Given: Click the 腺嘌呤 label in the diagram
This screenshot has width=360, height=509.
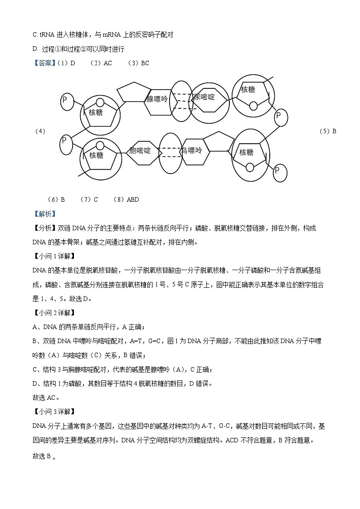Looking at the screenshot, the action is pos(157,99).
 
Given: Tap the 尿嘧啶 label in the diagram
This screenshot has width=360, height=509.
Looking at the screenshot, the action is pos(204,97).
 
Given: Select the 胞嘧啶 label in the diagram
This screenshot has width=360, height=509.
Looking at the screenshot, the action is pos(140,150).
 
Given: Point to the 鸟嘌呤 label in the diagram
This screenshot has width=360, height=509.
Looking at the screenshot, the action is pos(191,150).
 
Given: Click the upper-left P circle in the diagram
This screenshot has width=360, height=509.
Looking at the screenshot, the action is pos(68,101).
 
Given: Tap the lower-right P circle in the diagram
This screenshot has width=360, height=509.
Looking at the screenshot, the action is pos(280,171).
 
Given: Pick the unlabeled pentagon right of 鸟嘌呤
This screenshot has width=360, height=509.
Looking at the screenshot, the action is pos(219,144).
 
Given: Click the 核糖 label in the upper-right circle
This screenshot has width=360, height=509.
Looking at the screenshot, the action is pos(248,90).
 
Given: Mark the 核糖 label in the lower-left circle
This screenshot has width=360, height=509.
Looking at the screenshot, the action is pos(96,155).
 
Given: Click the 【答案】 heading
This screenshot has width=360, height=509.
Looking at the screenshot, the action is pos(44,63).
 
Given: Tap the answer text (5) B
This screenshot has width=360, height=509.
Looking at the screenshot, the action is pos(328,131).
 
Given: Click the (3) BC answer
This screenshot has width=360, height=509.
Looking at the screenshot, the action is pos(138,63).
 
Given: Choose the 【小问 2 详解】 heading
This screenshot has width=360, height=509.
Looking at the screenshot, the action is pos(57,312).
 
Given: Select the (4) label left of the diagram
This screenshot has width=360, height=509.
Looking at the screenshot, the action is pos(40,131).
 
